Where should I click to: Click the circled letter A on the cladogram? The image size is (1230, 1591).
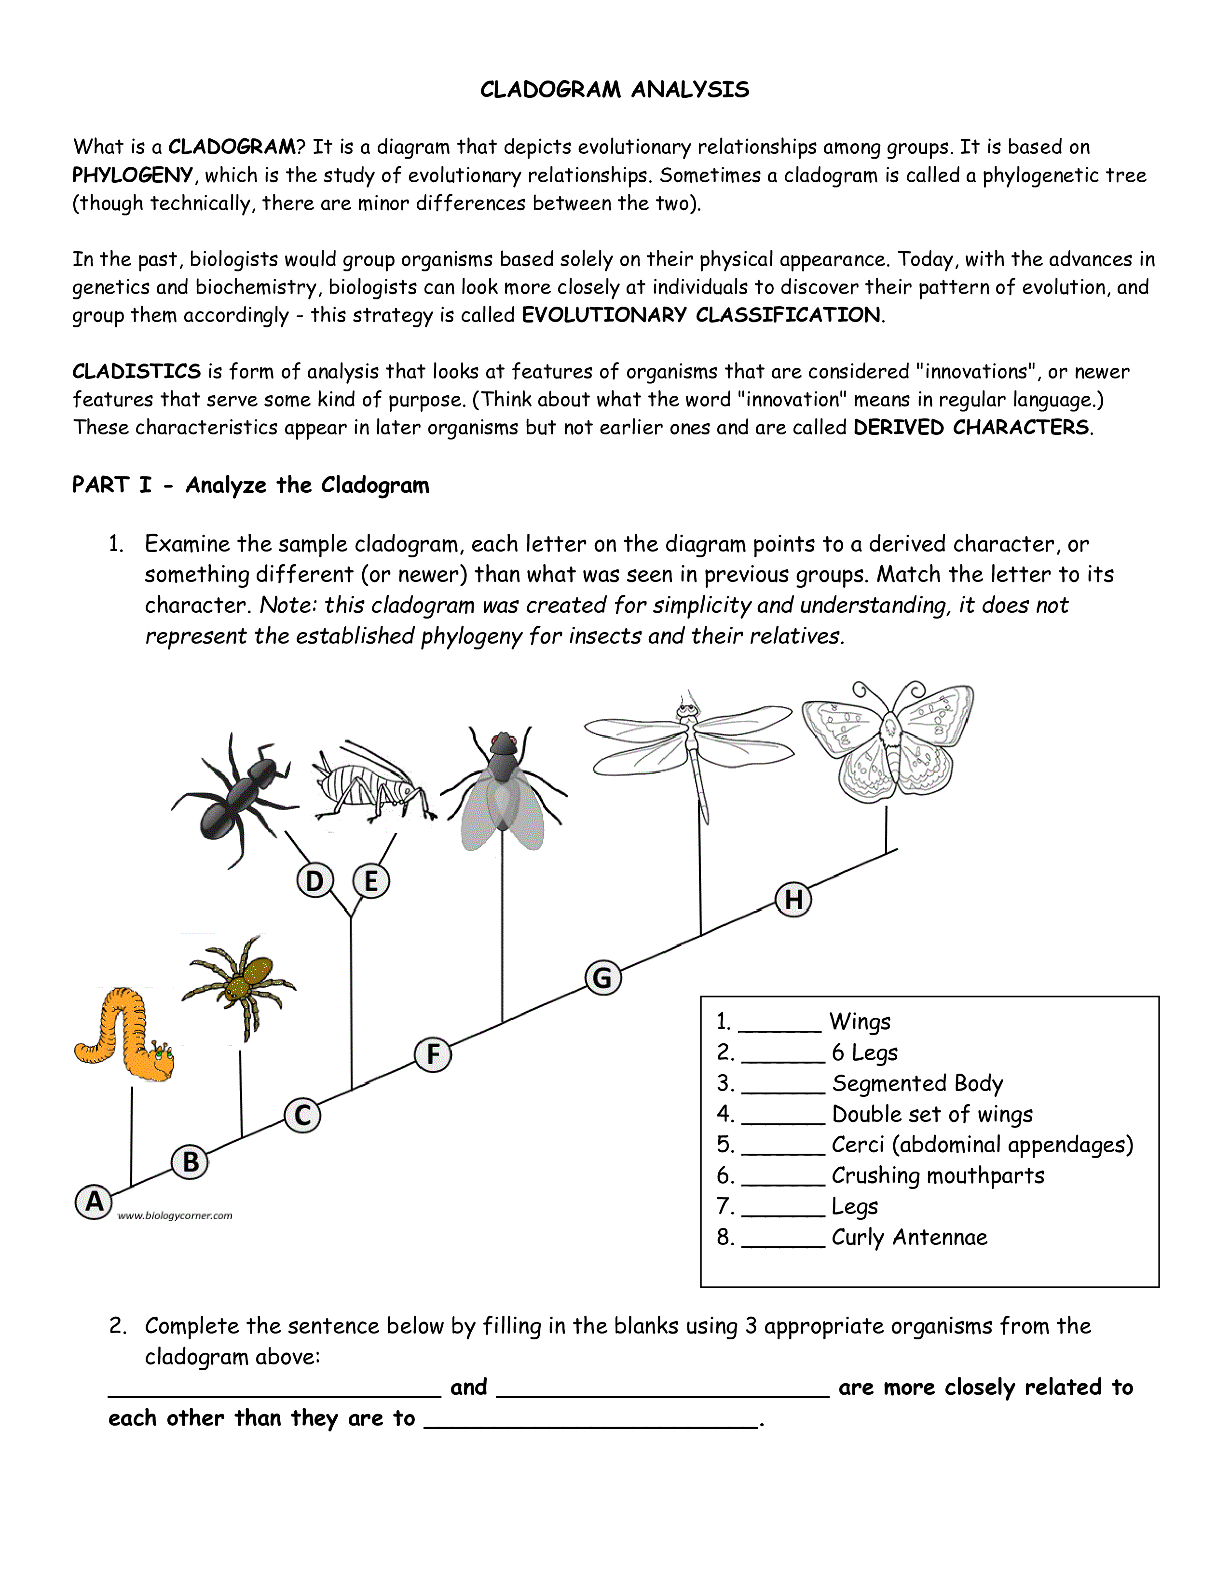click(x=94, y=1201)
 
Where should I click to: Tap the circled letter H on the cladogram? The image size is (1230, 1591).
click(x=793, y=900)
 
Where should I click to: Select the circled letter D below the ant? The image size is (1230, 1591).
click(x=315, y=881)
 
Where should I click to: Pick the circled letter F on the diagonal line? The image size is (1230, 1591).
click(x=433, y=1054)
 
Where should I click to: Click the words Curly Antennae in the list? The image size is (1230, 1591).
click(x=909, y=1237)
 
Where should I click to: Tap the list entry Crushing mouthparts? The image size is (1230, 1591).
click(x=938, y=1175)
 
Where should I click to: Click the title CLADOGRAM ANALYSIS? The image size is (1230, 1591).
click(x=614, y=90)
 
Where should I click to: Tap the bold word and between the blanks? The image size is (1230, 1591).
click(x=468, y=1387)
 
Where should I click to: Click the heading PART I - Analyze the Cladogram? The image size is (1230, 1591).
click(x=251, y=485)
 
